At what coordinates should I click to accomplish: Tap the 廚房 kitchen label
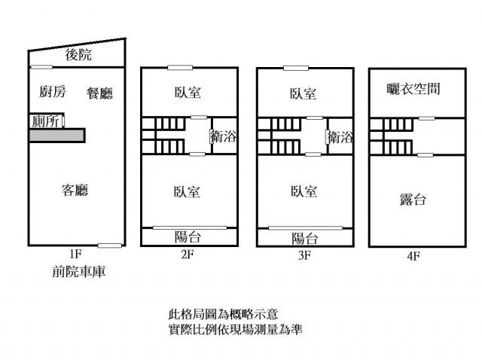click(x=53, y=92)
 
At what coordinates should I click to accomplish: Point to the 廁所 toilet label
click(x=46, y=121)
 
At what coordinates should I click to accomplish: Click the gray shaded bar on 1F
click(x=56, y=135)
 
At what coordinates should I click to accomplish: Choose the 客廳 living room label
click(x=75, y=190)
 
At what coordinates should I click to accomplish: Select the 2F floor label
click(x=188, y=255)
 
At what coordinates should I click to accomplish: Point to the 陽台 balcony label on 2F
click(x=188, y=237)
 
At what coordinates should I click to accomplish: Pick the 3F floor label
click(x=304, y=255)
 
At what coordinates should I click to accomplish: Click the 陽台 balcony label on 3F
click(x=304, y=238)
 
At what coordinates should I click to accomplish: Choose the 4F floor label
click(x=413, y=255)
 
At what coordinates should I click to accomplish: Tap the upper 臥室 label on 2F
click(x=188, y=93)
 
